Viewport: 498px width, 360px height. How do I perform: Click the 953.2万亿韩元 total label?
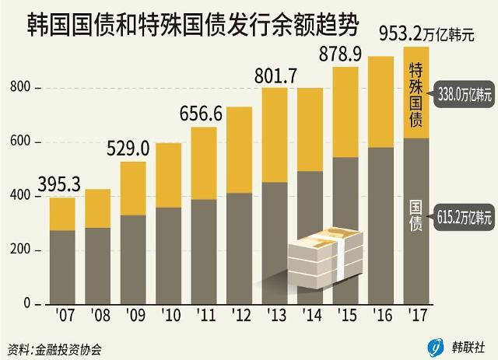click(x=430, y=33)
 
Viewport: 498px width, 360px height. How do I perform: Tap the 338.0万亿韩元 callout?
click(x=466, y=96)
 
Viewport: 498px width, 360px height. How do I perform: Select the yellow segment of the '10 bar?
click(x=169, y=175)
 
